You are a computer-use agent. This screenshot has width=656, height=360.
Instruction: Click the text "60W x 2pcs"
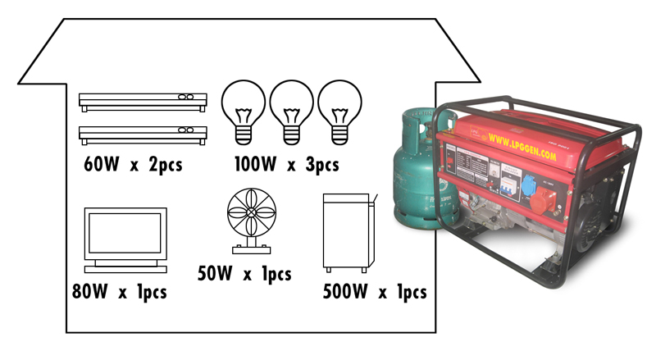coord(132,164)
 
